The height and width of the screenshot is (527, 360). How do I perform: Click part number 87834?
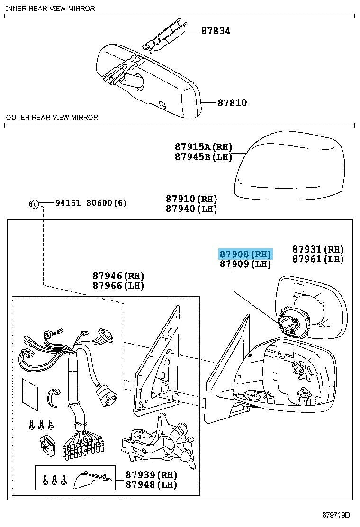point(216,31)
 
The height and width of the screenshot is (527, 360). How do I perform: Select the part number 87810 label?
point(232,103)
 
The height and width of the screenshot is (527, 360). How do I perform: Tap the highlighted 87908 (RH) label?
point(244,254)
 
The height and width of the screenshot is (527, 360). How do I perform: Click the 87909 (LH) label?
point(245,264)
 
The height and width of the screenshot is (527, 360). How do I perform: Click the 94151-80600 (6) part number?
point(90,203)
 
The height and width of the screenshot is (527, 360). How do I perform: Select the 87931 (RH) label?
point(317,249)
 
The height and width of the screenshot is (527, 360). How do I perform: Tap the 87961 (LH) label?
point(317,259)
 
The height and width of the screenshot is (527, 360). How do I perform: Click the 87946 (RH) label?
point(118,276)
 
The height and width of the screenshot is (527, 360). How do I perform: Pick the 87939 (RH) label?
point(151,475)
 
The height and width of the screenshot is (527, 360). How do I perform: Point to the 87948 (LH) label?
point(151,485)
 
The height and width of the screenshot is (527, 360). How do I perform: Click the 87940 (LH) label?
point(191,209)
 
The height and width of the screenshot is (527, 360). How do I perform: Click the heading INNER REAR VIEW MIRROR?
point(50,8)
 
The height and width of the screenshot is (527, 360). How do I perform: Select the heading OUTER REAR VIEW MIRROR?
point(52,117)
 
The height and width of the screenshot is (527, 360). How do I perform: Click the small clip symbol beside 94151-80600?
point(34,204)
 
